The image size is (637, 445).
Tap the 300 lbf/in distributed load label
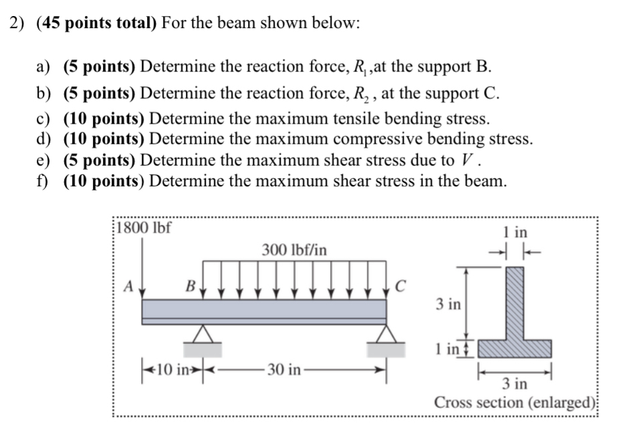point(294,250)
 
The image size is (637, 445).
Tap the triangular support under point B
point(203,333)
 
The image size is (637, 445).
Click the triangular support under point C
point(386,333)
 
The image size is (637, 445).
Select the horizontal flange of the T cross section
point(515,348)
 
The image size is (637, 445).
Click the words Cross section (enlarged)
point(515,403)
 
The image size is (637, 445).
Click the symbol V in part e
point(468,160)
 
